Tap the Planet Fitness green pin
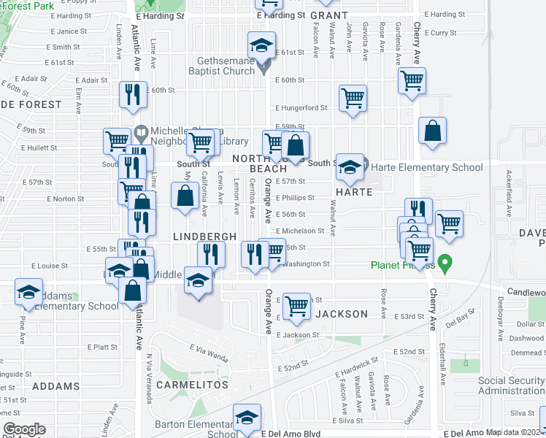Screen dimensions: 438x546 coord(444,260)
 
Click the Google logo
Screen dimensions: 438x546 coord(25,429)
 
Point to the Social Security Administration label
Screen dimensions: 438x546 coord(510,386)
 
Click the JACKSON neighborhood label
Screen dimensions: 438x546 coord(342,314)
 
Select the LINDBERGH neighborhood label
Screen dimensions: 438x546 coord(204,237)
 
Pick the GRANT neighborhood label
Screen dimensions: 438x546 coord(329,15)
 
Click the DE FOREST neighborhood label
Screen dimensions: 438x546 coord(31,104)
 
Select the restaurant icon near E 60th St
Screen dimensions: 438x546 coord(133,93)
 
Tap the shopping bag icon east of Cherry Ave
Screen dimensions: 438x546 coord(433,131)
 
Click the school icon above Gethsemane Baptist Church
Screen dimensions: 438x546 coord(261,46)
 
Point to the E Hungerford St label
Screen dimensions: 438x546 coord(301,108)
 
